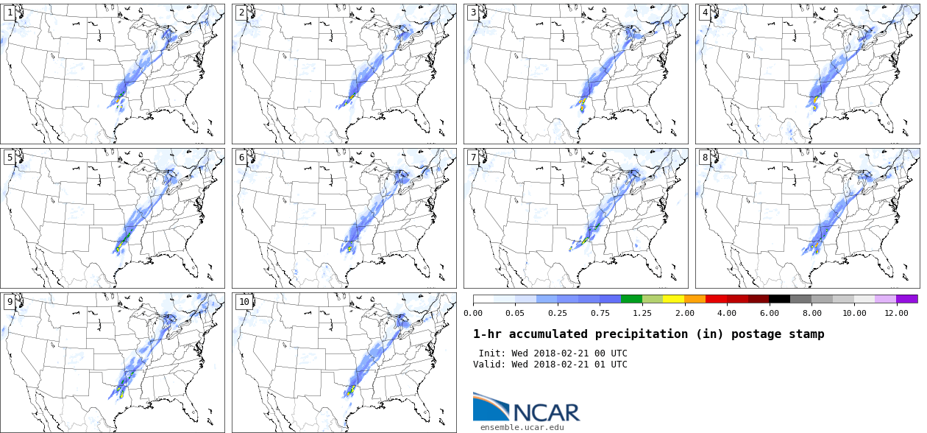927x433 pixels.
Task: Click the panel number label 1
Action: click(x=9, y=13)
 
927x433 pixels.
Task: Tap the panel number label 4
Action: click(x=704, y=13)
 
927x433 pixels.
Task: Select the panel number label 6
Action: click(x=241, y=158)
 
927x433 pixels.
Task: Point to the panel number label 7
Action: click(x=472, y=158)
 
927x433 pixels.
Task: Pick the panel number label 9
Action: click(x=9, y=302)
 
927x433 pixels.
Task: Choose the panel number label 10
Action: click(x=244, y=302)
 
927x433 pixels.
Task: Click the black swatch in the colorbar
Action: click(x=780, y=299)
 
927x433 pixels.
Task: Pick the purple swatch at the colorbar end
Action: click(x=906, y=299)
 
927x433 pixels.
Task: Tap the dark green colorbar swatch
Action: click(x=631, y=299)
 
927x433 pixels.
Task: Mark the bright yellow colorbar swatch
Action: click(x=673, y=299)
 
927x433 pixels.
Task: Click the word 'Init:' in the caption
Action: click(x=492, y=353)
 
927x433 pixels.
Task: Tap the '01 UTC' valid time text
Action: click(x=611, y=365)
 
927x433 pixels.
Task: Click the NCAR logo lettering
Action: click(x=546, y=412)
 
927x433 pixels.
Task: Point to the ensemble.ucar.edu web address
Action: click(x=522, y=426)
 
